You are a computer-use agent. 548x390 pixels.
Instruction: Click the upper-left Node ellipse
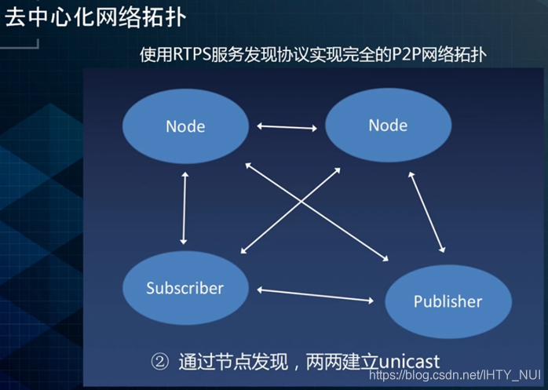(185, 125)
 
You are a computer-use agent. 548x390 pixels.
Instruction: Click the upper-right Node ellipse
(388, 125)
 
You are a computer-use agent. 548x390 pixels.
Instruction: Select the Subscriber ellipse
(184, 288)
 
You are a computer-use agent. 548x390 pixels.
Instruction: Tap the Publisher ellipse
(448, 301)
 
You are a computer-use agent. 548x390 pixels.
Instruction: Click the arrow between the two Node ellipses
(287, 126)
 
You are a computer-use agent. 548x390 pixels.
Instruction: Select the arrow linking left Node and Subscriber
(184, 208)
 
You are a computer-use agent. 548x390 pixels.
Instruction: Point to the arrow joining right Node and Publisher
(427, 212)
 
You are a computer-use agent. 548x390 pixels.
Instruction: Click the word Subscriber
(184, 288)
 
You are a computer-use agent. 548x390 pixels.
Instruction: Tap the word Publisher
(448, 301)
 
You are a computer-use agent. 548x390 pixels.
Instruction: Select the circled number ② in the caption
(160, 362)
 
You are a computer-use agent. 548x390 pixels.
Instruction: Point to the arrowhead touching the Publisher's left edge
(371, 301)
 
